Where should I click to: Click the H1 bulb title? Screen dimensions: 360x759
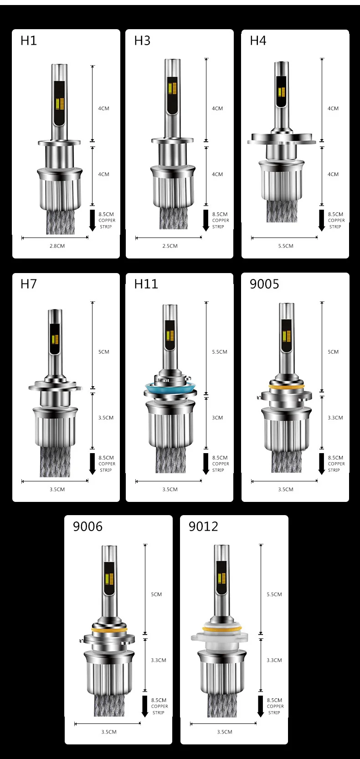coord(28,41)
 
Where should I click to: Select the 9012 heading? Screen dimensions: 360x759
coord(203,527)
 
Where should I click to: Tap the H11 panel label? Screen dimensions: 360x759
coord(146,284)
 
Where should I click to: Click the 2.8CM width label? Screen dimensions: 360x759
coord(57,246)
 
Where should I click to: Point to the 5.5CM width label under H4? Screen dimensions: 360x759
coord(286,246)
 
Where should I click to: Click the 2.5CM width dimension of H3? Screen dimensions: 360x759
coord(170,246)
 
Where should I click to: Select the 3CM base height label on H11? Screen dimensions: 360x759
coord(217,418)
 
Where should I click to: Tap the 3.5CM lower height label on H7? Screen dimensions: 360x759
coord(106,418)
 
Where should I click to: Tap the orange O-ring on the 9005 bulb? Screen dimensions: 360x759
coord(287,386)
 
